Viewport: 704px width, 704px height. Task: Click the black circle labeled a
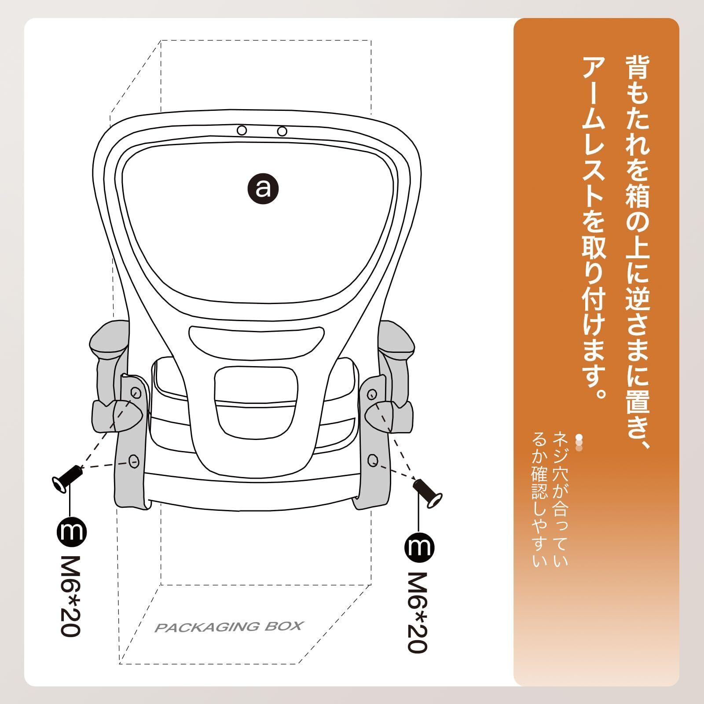[x=263, y=188]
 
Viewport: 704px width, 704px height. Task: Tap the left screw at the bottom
[x=66, y=478]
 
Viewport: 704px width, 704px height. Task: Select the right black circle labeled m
[x=419, y=547]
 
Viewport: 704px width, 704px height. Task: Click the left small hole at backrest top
[x=242, y=130]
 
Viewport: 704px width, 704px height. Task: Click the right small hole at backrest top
[x=282, y=131]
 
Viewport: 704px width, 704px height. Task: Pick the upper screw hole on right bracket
[x=372, y=394]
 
